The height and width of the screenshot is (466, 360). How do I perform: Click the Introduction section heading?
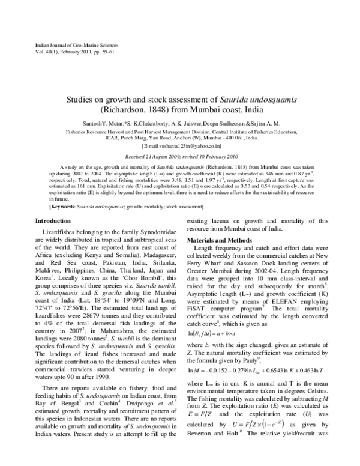coord(54,187)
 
